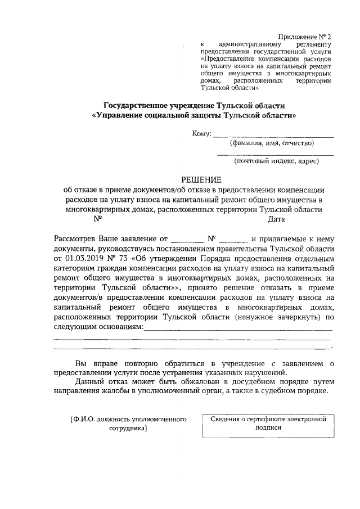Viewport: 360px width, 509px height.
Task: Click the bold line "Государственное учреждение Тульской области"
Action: pyautogui.click(x=195, y=105)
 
